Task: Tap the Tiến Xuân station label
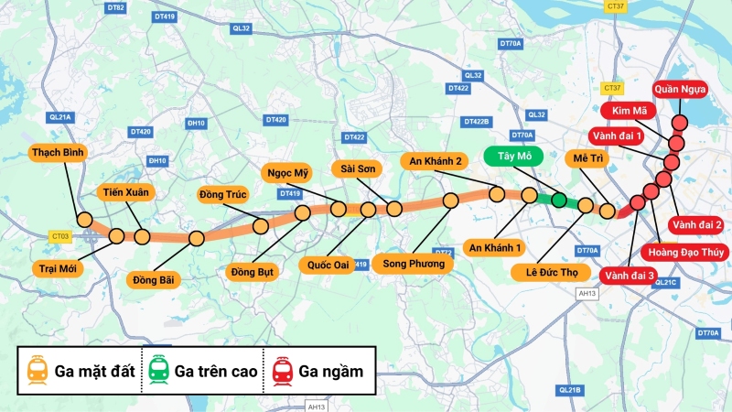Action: pyautogui.click(x=126, y=192)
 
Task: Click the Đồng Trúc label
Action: pyautogui.click(x=224, y=193)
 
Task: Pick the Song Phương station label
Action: pyautogui.click(x=414, y=264)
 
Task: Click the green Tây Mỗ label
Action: pyautogui.click(x=514, y=157)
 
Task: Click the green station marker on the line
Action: pyautogui.click(x=558, y=199)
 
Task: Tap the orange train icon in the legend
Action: pyautogui.click(x=38, y=370)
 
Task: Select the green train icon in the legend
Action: pyautogui.click(x=159, y=370)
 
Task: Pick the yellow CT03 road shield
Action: pyautogui.click(x=60, y=236)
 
